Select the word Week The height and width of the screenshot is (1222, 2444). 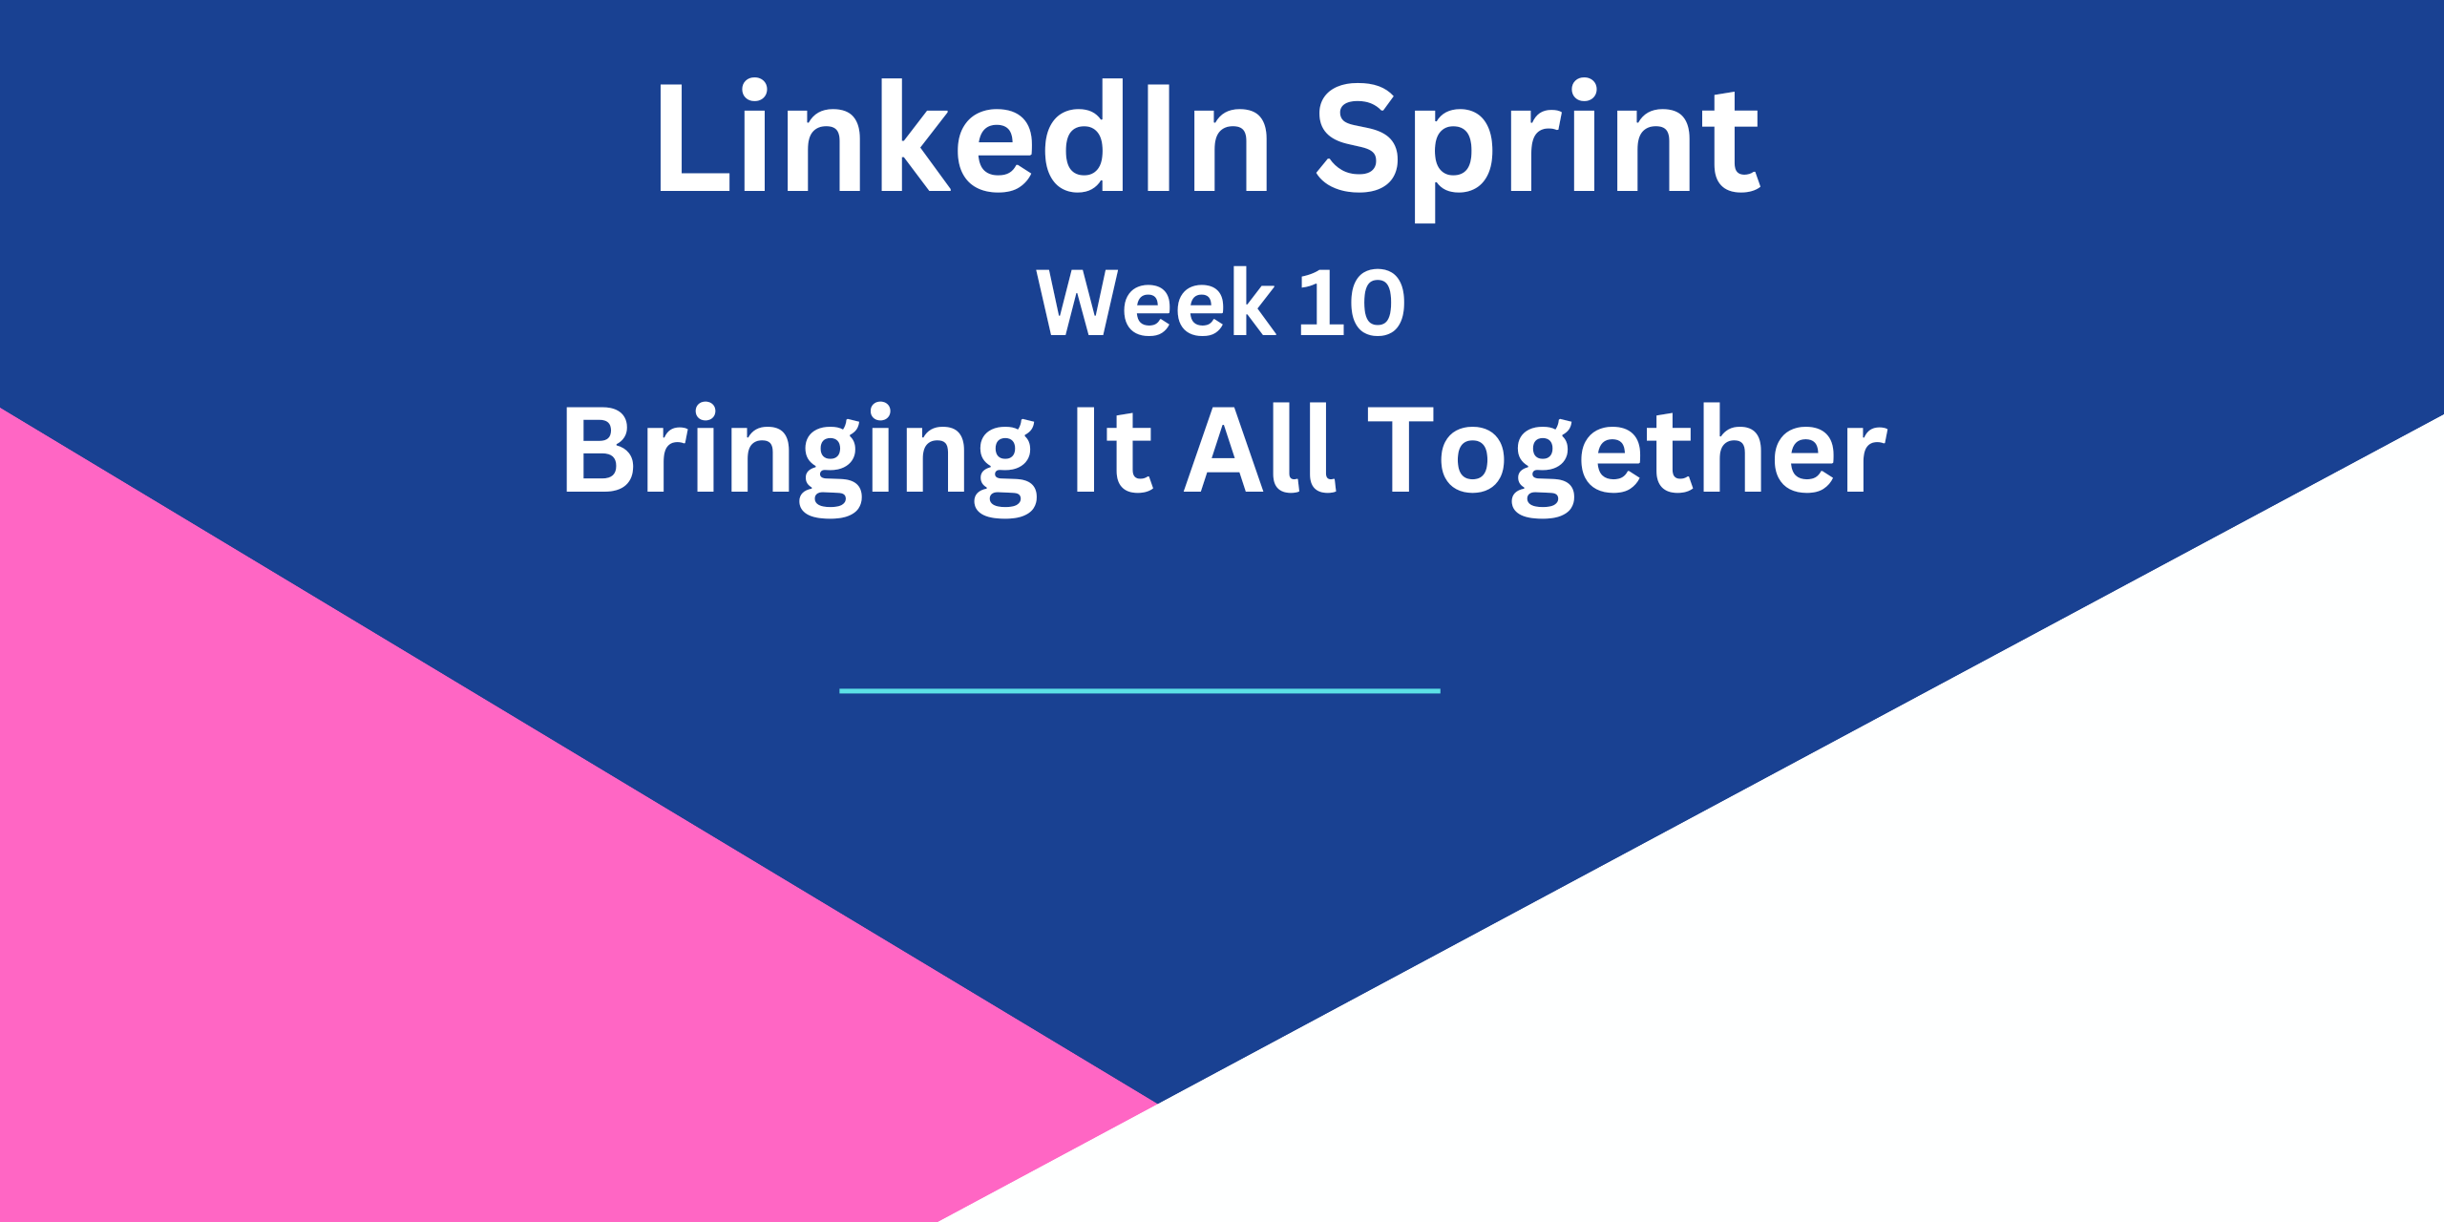tap(1156, 302)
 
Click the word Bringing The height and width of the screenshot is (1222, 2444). tap(799, 459)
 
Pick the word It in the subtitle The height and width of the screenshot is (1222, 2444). tap(1115, 449)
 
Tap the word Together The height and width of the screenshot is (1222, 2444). tap(1628, 459)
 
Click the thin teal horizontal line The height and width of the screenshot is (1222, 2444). tap(1140, 690)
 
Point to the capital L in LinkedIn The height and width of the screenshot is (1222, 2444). tap(694, 137)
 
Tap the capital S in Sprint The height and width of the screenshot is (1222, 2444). tap(1356, 137)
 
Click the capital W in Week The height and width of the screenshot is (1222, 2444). tap(1078, 302)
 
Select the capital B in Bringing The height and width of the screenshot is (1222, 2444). tap(600, 449)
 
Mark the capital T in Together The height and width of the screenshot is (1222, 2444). tap(1401, 449)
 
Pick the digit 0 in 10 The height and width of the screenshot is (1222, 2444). tap(1378, 303)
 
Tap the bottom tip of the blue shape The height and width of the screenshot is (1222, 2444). tap(1157, 1103)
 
